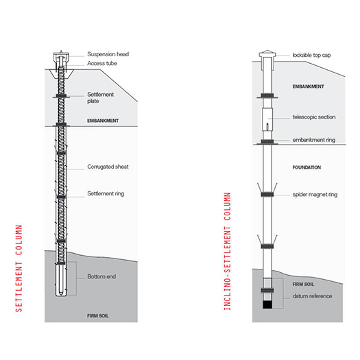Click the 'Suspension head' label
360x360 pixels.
coord(108,54)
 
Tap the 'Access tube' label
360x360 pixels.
coord(102,63)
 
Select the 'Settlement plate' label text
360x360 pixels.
coord(100,98)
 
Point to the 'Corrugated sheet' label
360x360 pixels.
coord(108,167)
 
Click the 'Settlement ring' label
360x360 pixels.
coord(106,194)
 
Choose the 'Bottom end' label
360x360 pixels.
coord(101,276)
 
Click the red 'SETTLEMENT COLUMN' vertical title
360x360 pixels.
coord(19,268)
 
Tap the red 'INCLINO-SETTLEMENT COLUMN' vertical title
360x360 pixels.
coord(227,252)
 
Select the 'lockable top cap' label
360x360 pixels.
coord(311,56)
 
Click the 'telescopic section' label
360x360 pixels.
coord(314,117)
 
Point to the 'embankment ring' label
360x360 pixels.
coord(314,140)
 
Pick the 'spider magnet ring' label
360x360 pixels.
coord(315,195)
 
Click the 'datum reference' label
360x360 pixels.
coord(312,296)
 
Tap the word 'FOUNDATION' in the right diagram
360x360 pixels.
coord(307,167)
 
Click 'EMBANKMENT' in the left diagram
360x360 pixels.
coord(103,121)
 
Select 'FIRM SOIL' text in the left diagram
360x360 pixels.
coord(98,316)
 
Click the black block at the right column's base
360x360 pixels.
coord(267,304)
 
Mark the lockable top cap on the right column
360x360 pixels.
coord(267,54)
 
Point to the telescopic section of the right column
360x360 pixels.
coord(267,119)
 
